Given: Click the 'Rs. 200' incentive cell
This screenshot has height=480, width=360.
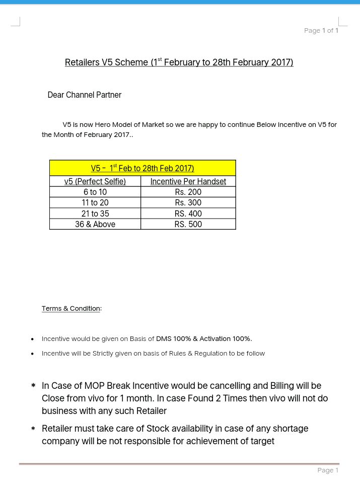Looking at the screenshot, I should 188,192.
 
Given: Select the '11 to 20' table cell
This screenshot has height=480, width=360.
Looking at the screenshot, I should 95,202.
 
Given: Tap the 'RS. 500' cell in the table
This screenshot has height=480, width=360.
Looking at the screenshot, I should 188,224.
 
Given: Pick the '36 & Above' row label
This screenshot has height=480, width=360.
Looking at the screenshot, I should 95,224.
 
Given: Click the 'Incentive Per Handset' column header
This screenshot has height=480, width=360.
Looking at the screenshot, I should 188,181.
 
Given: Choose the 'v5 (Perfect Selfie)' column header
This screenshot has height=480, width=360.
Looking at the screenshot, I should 95,181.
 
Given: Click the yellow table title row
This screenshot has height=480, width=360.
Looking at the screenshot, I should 142,168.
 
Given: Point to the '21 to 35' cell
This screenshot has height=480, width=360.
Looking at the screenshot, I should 95,214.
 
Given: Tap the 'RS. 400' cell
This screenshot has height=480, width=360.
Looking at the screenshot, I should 188,214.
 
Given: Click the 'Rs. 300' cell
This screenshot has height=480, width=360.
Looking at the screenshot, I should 188,202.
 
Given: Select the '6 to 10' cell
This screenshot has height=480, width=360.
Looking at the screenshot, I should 95,192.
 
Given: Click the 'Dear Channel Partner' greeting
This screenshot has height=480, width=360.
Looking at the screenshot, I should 84,95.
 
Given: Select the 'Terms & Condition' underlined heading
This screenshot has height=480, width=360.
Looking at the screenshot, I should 71,308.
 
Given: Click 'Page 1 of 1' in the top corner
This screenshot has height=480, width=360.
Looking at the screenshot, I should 321,31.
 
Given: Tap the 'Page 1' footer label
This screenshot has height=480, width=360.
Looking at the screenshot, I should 328,470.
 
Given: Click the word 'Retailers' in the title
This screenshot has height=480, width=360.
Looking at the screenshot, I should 82,62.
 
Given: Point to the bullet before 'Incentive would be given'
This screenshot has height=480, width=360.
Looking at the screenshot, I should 33,339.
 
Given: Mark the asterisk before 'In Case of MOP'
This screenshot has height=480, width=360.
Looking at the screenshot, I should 33,386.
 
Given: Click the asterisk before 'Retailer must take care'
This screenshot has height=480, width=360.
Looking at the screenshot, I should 33,429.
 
